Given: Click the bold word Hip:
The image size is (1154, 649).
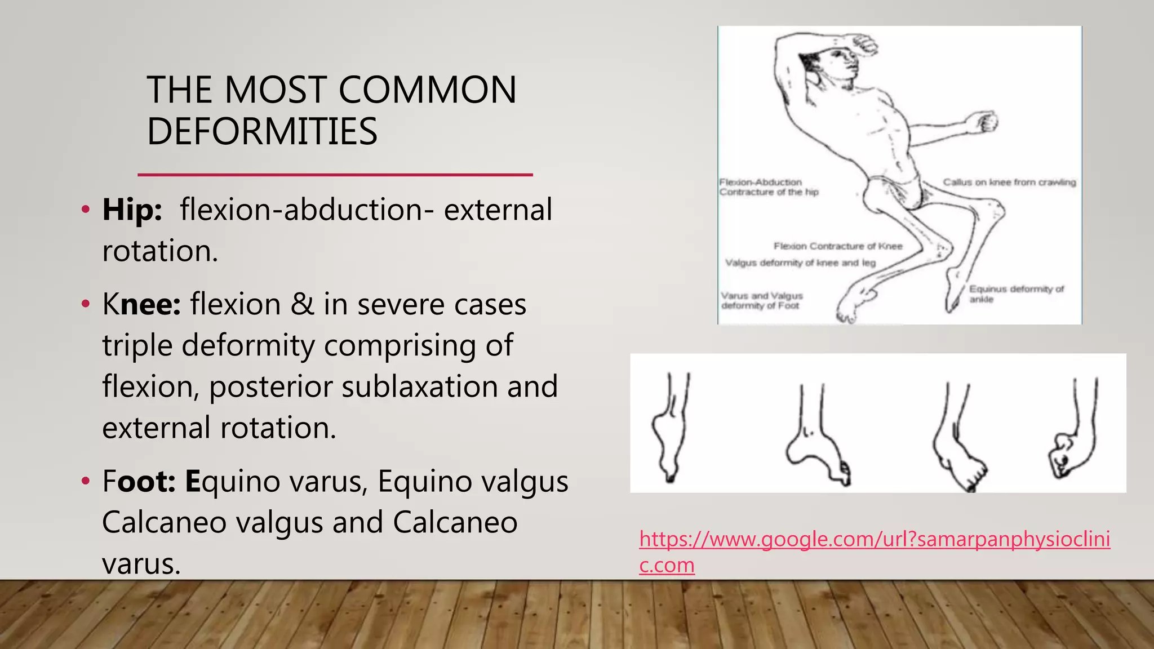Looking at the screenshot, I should tap(132, 210).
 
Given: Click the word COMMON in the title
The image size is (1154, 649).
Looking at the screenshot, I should tap(427, 90).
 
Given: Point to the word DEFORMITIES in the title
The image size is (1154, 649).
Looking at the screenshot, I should tap(262, 131).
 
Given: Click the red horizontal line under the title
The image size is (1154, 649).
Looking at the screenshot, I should tap(335, 175).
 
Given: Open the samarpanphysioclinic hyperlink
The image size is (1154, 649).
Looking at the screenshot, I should tap(874, 540).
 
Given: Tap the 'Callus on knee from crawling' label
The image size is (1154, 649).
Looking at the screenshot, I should tap(1009, 182).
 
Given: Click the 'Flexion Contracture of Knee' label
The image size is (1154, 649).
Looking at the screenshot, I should tap(837, 246).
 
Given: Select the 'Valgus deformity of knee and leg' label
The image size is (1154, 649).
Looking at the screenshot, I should tap(800, 263).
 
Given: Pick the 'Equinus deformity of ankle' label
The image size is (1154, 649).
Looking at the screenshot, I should tap(1015, 294).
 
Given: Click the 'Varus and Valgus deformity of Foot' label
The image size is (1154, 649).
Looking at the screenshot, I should tap(762, 300).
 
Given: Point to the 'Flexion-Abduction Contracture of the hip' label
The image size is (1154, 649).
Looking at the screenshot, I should tap(768, 187).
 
